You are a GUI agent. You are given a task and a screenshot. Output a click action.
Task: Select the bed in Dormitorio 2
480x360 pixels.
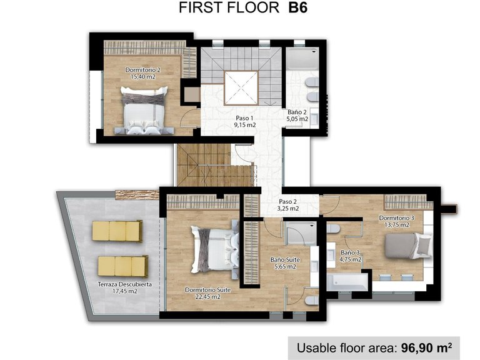pyautogui.click(x=144, y=111)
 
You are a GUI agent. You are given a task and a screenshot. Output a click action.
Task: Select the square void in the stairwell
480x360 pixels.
pyautogui.click(x=241, y=86)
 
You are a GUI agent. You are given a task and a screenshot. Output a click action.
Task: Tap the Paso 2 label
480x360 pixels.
pyautogui.click(x=288, y=206)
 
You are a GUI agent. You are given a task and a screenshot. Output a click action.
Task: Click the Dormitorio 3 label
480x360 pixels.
pyautogui.click(x=396, y=221)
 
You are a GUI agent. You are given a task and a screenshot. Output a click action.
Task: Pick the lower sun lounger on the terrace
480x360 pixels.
pyautogui.click(x=122, y=266)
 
